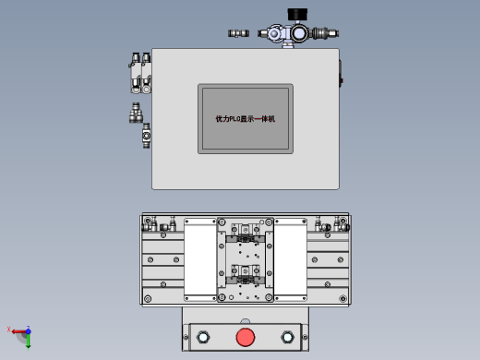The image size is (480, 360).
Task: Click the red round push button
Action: (x=245, y=336)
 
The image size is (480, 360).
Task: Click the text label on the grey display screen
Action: (x=245, y=119)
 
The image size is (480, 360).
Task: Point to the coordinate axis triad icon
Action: (x=22, y=333)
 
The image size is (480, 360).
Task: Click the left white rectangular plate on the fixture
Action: (x=199, y=259)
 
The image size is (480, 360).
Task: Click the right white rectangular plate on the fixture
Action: (x=291, y=259)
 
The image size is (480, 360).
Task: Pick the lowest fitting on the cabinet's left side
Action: (x=146, y=138)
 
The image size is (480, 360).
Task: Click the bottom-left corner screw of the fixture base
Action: (x=148, y=298)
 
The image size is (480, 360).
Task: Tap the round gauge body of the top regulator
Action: (x=297, y=34)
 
